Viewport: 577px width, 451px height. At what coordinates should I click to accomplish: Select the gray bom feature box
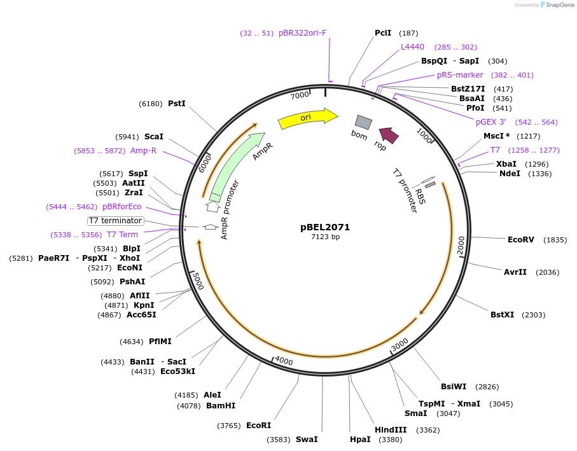[363, 121]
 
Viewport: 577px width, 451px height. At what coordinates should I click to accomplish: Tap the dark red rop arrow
[388, 134]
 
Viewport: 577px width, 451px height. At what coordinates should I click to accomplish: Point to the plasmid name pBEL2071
[325, 227]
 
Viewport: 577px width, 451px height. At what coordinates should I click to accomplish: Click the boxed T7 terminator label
[116, 221]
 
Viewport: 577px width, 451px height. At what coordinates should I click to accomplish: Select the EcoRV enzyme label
[521, 240]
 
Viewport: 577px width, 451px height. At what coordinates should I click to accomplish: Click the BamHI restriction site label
[221, 405]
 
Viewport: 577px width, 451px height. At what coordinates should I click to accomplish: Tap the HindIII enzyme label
[391, 430]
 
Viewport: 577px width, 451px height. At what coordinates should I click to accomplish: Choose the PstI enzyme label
[177, 103]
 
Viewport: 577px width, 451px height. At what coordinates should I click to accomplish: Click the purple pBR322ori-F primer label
[302, 33]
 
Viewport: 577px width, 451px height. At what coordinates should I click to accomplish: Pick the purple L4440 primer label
[412, 47]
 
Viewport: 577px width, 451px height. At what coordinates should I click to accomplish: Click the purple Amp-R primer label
[143, 151]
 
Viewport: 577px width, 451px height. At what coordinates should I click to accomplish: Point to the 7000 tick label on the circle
[300, 95]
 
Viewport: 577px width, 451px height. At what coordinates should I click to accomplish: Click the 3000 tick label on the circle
[400, 344]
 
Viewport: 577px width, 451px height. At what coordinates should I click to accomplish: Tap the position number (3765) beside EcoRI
[229, 426]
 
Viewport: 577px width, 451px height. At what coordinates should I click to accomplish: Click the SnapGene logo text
[557, 5]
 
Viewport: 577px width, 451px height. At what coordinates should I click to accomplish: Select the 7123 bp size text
[325, 237]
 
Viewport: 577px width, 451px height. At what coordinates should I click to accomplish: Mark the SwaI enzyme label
[307, 439]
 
